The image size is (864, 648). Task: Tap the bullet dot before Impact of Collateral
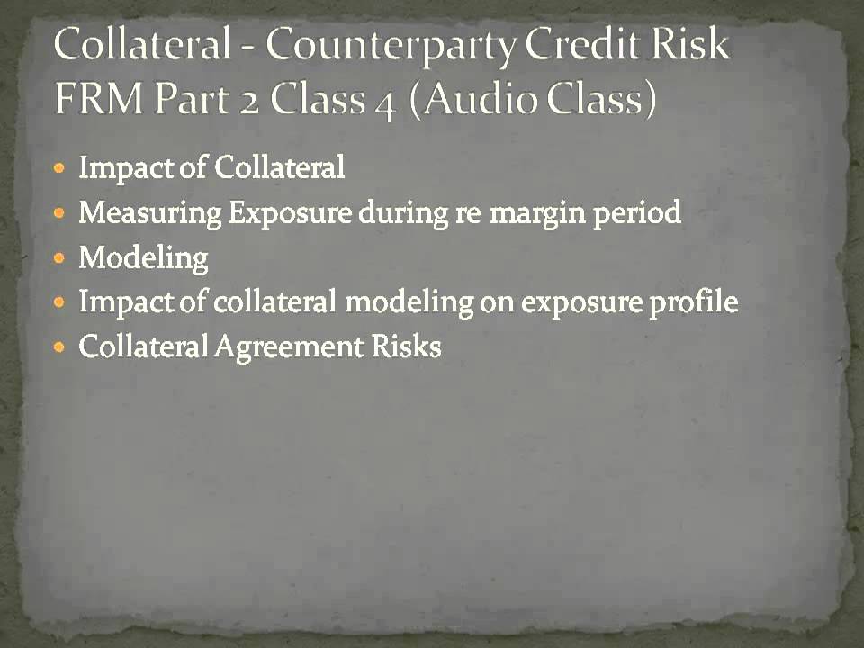point(60,168)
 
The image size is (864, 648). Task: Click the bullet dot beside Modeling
point(60,258)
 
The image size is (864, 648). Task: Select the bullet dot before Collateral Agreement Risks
point(60,347)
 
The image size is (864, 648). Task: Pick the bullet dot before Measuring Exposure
point(60,213)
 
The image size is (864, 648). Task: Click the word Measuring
point(149,213)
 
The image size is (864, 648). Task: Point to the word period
point(640,215)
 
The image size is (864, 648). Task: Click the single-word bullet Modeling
point(143,258)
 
